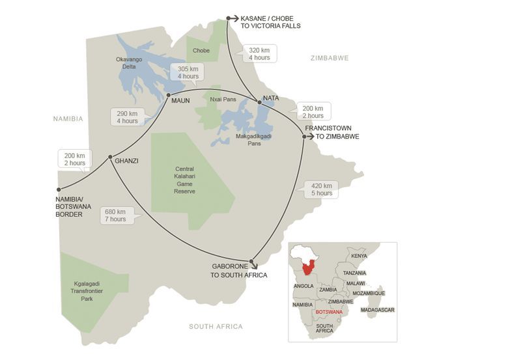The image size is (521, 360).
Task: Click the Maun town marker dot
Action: pyautogui.click(x=168, y=95)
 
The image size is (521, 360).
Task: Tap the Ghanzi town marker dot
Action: pyautogui.click(x=110, y=156)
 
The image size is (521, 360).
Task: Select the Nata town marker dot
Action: pyautogui.click(x=259, y=101)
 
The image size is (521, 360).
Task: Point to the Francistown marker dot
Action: pyautogui.click(x=304, y=136)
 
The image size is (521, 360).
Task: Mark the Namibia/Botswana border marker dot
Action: pyautogui.click(x=59, y=189)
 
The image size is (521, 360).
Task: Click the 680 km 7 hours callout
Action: pyautogui.click(x=117, y=215)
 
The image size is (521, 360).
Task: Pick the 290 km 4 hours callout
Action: pyautogui.click(x=126, y=117)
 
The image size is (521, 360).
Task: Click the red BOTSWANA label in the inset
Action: pyautogui.click(x=329, y=312)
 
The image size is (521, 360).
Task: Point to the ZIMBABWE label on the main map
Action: pyautogui.click(x=329, y=58)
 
